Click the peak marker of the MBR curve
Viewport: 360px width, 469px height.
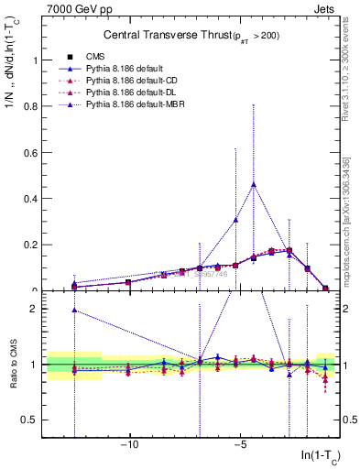[254, 184]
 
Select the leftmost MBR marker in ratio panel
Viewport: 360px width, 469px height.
[75, 310]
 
